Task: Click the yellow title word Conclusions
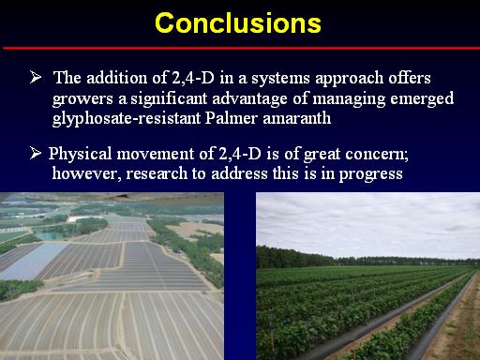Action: (x=238, y=23)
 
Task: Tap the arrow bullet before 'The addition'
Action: (x=36, y=77)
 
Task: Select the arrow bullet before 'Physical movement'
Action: (x=36, y=153)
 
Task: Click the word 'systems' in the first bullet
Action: (x=280, y=79)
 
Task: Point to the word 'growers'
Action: (x=82, y=99)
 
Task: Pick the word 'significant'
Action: (x=169, y=98)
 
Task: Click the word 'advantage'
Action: (x=249, y=98)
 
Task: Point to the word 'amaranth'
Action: (x=296, y=118)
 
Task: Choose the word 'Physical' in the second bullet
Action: (x=80, y=155)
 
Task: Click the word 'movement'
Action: (x=156, y=155)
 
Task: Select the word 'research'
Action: (x=157, y=173)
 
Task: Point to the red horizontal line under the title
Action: (x=241, y=48)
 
